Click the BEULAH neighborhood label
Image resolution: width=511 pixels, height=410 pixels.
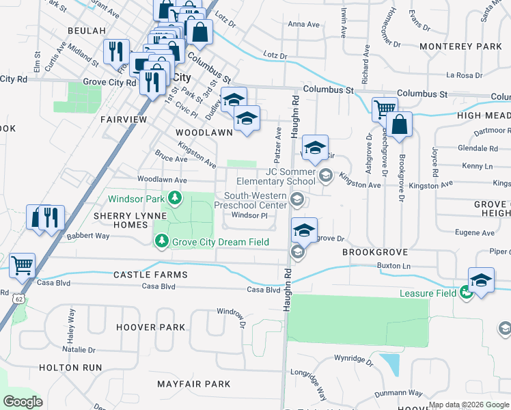87,31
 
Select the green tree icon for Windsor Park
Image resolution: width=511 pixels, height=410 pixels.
176,199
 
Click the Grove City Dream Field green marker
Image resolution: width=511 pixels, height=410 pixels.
162,241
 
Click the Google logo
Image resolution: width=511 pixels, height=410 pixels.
23,402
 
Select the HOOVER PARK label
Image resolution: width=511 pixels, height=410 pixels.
150,327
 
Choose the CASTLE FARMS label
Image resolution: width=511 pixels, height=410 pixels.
151,274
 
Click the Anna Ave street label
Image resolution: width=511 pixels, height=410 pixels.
304,24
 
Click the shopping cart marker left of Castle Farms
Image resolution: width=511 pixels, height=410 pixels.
23,265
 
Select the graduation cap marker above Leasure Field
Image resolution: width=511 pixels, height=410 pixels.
481,281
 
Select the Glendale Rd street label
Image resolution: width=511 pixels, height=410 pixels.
478,148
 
